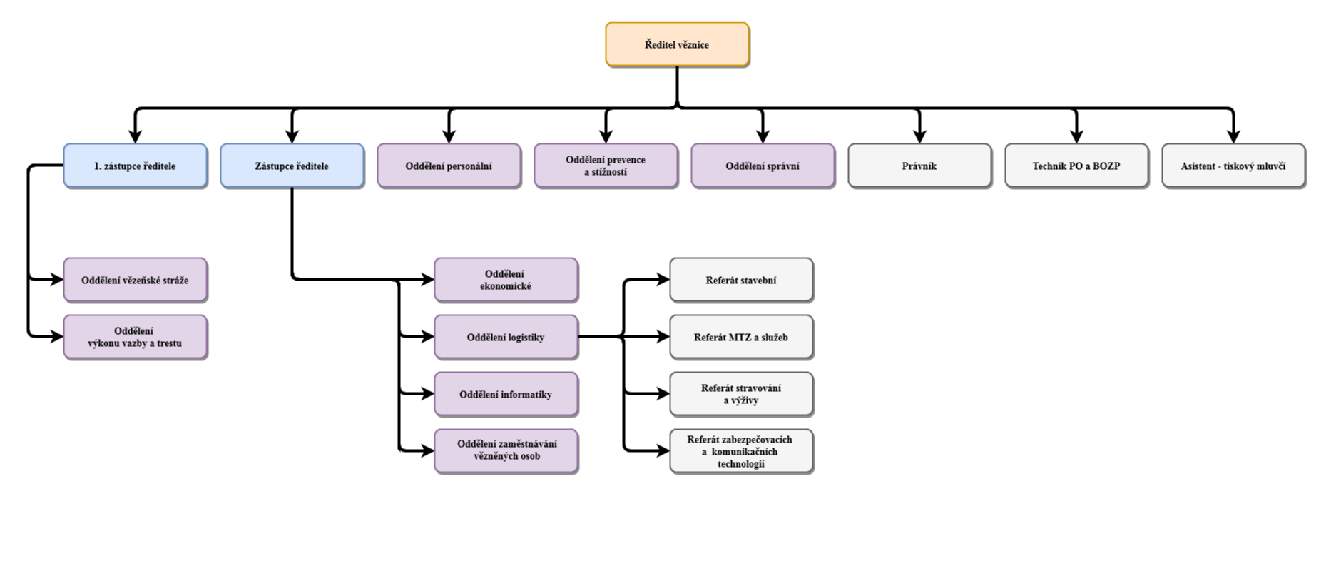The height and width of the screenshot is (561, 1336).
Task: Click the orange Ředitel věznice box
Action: [677, 44]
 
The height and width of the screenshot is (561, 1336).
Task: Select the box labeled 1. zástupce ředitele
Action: [135, 166]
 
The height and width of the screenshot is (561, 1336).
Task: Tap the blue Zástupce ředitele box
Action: [292, 166]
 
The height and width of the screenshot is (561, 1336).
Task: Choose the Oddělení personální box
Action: [449, 166]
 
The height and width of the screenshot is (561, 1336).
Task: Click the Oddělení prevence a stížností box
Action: [606, 166]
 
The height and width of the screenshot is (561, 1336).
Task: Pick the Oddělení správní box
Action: [763, 166]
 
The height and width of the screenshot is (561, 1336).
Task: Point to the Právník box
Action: [919, 166]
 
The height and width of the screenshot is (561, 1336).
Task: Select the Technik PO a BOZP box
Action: [1076, 166]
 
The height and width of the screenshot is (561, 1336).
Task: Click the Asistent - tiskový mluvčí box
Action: [1233, 166]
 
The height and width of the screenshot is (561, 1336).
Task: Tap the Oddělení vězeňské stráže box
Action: [135, 280]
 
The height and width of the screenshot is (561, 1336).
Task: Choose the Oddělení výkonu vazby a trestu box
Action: [135, 337]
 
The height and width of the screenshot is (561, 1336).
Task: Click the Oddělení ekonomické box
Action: [506, 280]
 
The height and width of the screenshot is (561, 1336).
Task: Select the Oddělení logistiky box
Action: [506, 337]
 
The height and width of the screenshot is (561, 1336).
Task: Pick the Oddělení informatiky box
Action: [506, 394]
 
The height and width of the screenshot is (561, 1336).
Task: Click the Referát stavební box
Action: [741, 280]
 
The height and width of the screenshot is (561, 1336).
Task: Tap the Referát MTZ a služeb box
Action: [741, 337]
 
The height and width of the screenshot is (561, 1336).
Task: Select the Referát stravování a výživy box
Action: [741, 394]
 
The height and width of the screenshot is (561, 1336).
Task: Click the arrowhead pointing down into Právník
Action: [919, 136]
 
